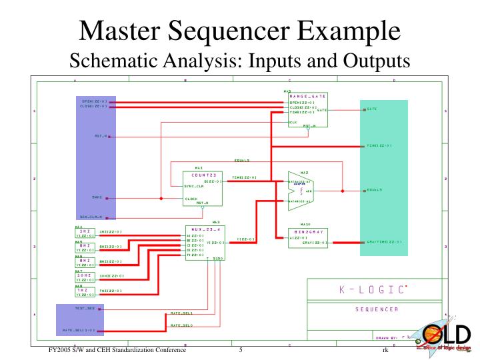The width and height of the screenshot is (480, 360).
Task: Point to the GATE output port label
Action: click(371, 109)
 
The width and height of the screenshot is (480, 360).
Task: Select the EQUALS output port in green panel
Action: click(374, 190)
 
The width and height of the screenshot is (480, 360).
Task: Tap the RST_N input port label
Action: click(101, 136)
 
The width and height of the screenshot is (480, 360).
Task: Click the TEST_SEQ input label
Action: click(84, 309)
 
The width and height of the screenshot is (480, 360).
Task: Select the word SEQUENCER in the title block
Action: click(376, 309)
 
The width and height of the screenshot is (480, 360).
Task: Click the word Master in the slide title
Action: click(119, 31)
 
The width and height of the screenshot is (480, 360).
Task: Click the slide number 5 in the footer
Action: click(240, 350)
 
